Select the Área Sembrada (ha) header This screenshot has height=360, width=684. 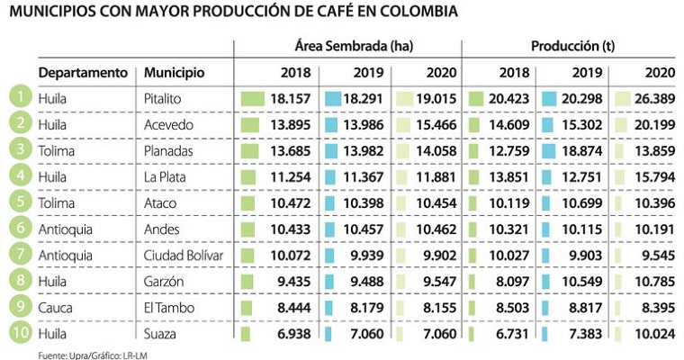coord(347,45)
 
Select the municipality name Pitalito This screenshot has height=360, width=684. coord(164,97)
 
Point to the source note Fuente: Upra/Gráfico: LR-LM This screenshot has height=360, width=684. coord(74,355)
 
